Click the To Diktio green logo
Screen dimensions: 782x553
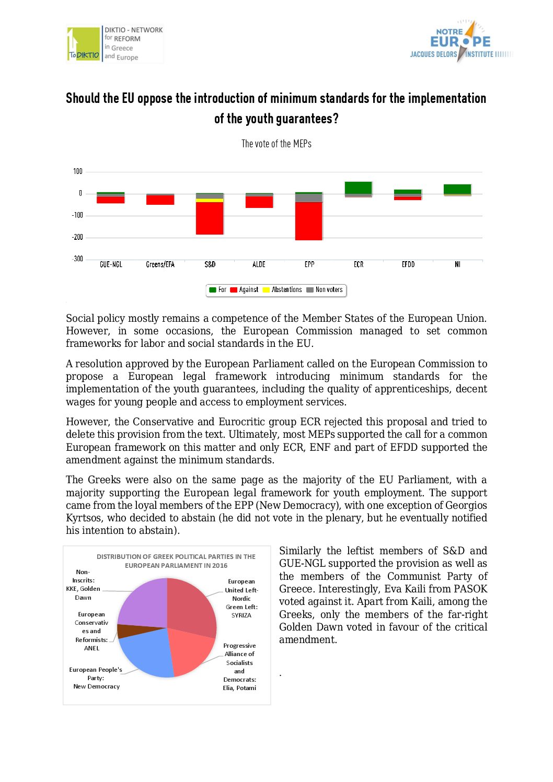click(x=84, y=44)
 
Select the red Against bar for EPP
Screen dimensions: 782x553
click(x=309, y=221)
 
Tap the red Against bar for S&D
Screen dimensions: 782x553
click(x=210, y=218)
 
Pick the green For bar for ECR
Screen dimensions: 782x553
click(x=359, y=188)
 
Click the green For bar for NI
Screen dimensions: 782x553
click(x=457, y=189)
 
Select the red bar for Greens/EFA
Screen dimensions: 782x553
click(x=160, y=200)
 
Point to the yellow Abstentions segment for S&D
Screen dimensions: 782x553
click(x=210, y=200)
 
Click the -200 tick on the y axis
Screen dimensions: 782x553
click(x=77, y=237)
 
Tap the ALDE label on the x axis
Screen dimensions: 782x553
click(x=259, y=265)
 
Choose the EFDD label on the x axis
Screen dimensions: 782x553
click(x=408, y=265)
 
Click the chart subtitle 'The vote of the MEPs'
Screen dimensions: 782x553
click(x=276, y=144)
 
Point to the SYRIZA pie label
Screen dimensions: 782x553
click(x=241, y=615)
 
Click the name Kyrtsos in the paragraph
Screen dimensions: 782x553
click(x=84, y=518)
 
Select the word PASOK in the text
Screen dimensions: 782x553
click(x=470, y=589)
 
